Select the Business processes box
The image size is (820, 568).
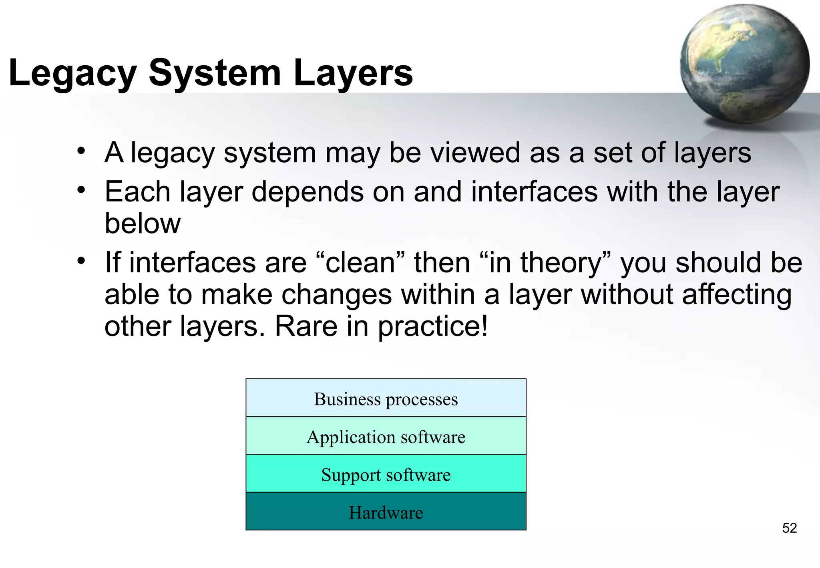click(386, 398)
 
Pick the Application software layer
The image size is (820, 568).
click(386, 436)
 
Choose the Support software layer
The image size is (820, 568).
click(386, 474)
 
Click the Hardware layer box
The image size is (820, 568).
click(386, 512)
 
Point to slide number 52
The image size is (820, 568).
click(789, 528)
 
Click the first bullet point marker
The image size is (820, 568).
click(82, 151)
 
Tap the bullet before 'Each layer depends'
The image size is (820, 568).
click(82, 190)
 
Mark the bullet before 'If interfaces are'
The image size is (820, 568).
click(82, 261)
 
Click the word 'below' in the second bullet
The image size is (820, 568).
click(142, 224)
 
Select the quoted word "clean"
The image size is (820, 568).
click(360, 263)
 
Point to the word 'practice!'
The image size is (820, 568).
click(433, 327)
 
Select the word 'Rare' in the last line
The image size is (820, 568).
click(306, 326)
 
